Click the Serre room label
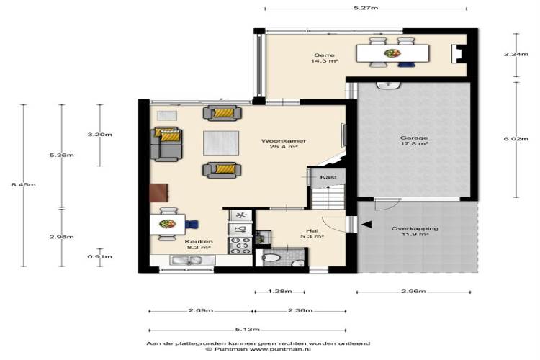tap(324, 55)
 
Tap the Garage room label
tap(414, 138)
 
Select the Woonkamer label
tap(284, 140)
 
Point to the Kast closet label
tap(328, 177)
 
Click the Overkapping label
tap(415, 228)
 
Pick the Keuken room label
tap(199, 241)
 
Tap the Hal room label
tap(312, 230)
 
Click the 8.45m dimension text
tap(24, 184)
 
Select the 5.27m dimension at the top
tap(366, 8)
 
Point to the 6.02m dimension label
tap(516, 139)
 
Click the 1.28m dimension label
tap(279, 292)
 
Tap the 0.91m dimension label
tap(100, 256)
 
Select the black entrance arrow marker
tap(366, 225)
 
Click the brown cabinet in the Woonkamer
tap(159, 192)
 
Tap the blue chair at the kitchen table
tap(192, 225)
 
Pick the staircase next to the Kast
tap(328, 197)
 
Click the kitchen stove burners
tap(240, 246)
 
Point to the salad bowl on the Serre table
tap(392, 53)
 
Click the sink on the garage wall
tap(388, 85)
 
